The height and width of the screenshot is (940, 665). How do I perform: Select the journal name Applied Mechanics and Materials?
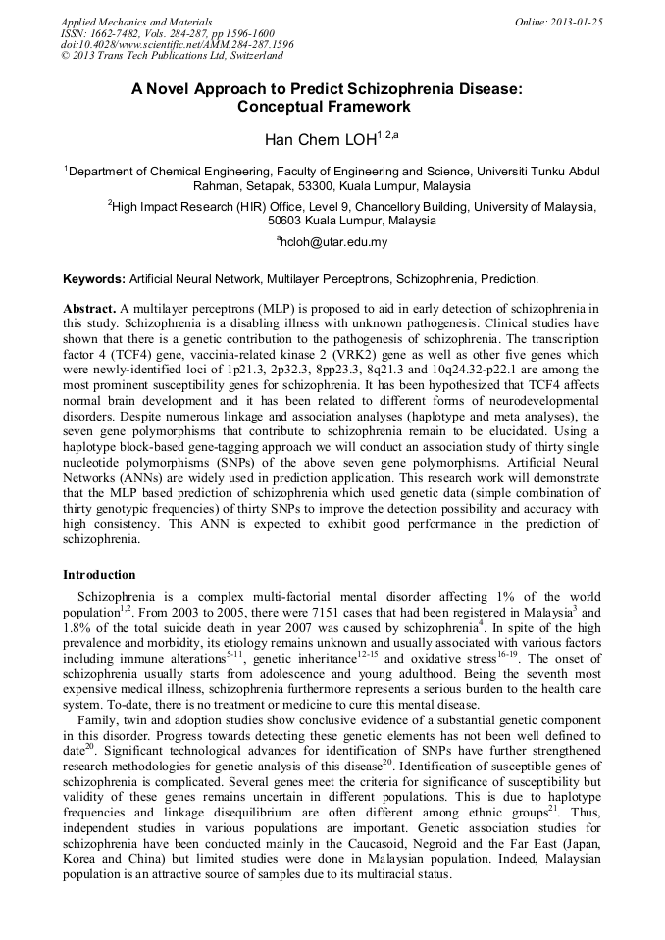pyautogui.click(x=136, y=22)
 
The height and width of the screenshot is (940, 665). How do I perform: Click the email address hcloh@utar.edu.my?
pyautogui.click(x=333, y=242)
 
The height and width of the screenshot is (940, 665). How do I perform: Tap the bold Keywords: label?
pyautogui.click(x=94, y=279)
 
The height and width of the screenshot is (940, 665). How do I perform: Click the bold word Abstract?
pyautogui.click(x=90, y=308)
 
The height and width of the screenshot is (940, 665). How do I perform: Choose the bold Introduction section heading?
pyautogui.click(x=99, y=575)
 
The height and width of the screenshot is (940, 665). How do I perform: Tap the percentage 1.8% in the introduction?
pyautogui.click(x=77, y=625)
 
